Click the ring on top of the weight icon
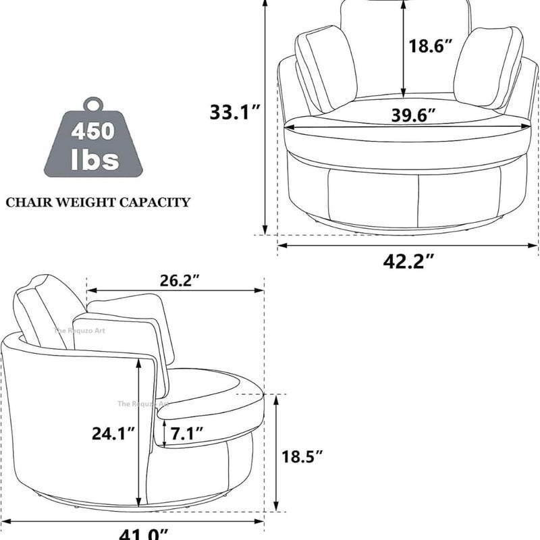(x=92, y=105)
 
